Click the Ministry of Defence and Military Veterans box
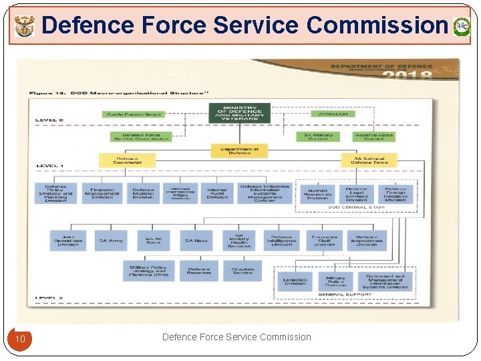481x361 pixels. (x=239, y=113)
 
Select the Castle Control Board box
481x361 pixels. (x=134, y=114)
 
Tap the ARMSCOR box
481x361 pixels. (x=333, y=114)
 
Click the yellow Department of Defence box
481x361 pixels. (x=239, y=152)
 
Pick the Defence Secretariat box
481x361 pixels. (x=127, y=160)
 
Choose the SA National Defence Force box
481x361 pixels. (x=369, y=160)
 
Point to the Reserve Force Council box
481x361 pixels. (x=374, y=136)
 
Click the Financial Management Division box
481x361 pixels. (x=102, y=194)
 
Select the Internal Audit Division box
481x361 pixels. (x=217, y=194)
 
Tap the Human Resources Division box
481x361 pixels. (x=317, y=195)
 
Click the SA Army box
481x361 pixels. (x=111, y=241)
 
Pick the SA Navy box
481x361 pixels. (x=196, y=241)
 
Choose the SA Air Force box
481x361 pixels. (x=154, y=241)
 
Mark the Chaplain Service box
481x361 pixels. (x=243, y=271)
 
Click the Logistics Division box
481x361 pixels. (x=294, y=281)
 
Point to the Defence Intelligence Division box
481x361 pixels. (x=281, y=241)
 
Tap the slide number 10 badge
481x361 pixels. (x=20, y=339)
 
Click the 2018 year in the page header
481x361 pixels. (x=407, y=75)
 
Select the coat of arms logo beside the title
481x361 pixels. (x=23, y=26)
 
